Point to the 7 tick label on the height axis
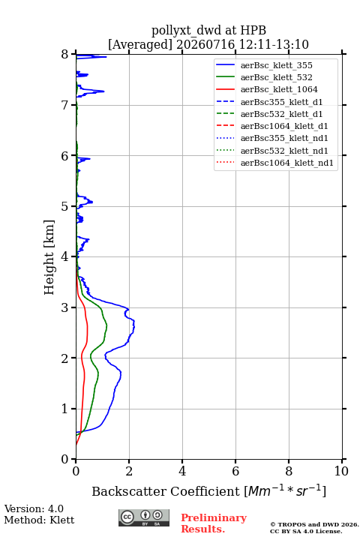(64, 105)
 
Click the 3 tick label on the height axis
(64, 307)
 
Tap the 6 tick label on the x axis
(235, 471)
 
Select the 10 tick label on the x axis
(341, 471)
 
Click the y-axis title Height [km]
(49, 257)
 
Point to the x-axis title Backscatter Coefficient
(166, 491)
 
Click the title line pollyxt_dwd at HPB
(208, 30)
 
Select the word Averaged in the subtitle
(140, 44)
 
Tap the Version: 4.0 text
(34, 508)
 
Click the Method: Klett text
(39, 520)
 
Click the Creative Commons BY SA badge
(144, 517)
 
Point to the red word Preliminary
(214, 517)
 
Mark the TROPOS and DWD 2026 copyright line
(314, 524)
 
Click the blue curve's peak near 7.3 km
(103, 91)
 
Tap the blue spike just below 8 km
(106, 57)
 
